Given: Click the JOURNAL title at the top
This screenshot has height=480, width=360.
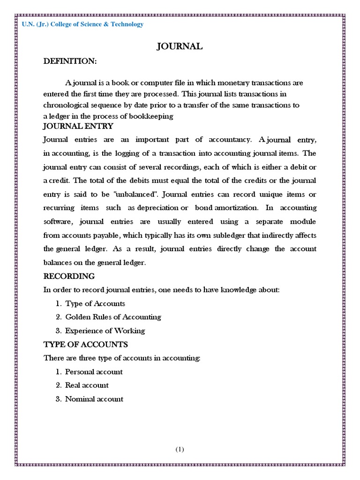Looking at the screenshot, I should (x=180, y=46).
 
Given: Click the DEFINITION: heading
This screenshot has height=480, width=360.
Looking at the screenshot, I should (x=70, y=61).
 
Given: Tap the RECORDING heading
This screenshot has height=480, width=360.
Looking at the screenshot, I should (x=69, y=276).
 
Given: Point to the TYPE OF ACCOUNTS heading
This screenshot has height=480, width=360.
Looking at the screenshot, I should (x=85, y=345).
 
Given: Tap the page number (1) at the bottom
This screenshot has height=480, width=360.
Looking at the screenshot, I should (x=180, y=449).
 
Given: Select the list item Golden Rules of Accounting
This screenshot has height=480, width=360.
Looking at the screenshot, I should (x=113, y=317).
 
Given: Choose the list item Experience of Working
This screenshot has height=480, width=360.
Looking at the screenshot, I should (x=105, y=330).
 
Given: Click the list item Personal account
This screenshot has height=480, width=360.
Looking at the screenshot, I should (x=94, y=372).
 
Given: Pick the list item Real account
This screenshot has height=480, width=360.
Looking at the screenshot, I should (x=87, y=385).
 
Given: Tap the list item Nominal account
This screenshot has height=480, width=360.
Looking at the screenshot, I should (x=94, y=399).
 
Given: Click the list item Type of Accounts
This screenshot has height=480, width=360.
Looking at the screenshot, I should (x=95, y=303).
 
